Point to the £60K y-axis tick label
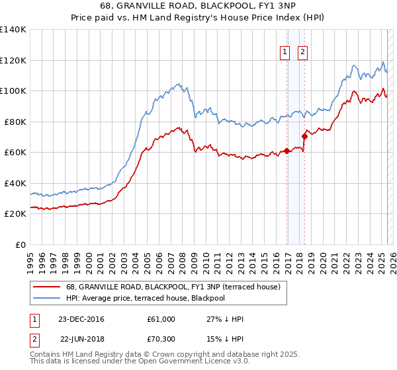15,153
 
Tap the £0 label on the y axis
21,244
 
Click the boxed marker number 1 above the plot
285,52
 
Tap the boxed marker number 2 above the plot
302,52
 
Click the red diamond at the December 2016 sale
287,151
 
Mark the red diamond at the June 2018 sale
304,137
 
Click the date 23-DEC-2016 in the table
81,319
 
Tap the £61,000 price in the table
161,319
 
